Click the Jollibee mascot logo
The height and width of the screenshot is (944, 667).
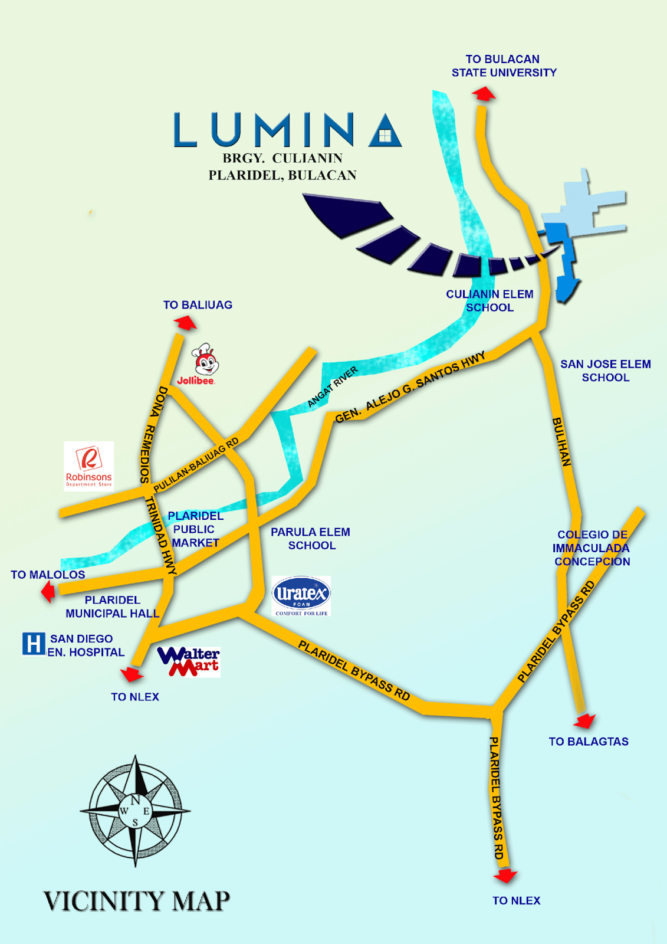pyautogui.click(x=205, y=360)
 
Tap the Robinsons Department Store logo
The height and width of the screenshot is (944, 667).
pyautogui.click(x=89, y=466)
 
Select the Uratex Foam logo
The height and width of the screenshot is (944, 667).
pyautogui.click(x=301, y=595)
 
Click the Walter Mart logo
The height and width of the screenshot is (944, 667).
pyautogui.click(x=189, y=661)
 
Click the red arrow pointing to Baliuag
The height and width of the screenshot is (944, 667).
pyautogui.click(x=186, y=323)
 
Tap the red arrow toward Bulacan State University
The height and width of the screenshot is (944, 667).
pyautogui.click(x=484, y=94)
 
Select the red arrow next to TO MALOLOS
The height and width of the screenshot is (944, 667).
pyautogui.click(x=49, y=591)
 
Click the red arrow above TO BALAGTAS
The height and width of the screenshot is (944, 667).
pyautogui.click(x=585, y=720)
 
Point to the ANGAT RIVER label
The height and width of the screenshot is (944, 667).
pyautogui.click(x=333, y=386)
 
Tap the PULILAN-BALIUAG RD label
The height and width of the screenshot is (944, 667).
pyautogui.click(x=196, y=465)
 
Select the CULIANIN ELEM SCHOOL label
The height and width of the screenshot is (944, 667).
pyautogui.click(x=489, y=300)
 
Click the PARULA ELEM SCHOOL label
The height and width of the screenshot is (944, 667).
pyautogui.click(x=311, y=539)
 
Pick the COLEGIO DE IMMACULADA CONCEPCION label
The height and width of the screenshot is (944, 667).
pyautogui.click(x=592, y=548)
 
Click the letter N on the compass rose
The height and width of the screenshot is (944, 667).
pyautogui.click(x=135, y=800)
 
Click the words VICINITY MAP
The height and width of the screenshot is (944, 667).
pyautogui.click(x=137, y=901)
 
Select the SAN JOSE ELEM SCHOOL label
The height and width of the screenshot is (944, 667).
pyautogui.click(x=605, y=371)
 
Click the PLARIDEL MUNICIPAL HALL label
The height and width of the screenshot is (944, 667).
pyautogui.click(x=112, y=607)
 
